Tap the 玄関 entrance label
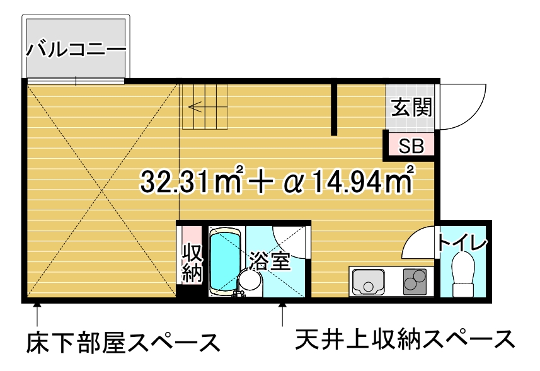click(x=411, y=107)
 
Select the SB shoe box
click(x=411, y=146)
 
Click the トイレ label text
click(x=462, y=243)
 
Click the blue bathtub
click(x=224, y=261)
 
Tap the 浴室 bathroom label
click(x=270, y=261)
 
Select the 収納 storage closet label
click(x=192, y=263)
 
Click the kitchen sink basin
click(x=368, y=282)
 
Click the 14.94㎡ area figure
click(x=362, y=180)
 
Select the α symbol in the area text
click(x=294, y=183)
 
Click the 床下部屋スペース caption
click(x=123, y=343)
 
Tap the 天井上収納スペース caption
click(x=405, y=340)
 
